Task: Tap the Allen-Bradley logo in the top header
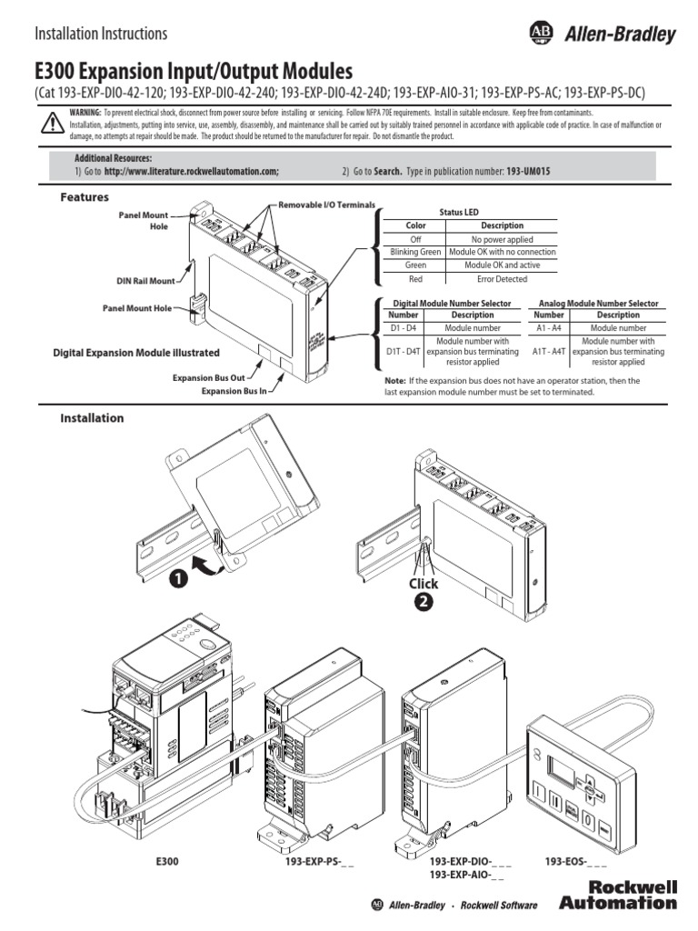point(602,35)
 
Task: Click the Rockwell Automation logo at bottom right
point(618,895)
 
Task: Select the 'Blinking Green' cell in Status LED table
point(414,252)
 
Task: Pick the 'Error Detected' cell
point(502,279)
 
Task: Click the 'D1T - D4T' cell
point(404,349)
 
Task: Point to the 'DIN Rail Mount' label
point(145,281)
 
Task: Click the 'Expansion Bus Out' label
point(210,376)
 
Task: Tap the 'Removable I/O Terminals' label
point(326,205)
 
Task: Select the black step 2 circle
point(424,601)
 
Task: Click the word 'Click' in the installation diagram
point(423,584)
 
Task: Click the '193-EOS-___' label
point(575,860)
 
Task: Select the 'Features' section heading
point(85,197)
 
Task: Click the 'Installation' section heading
point(92,418)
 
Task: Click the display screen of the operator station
point(561,776)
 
